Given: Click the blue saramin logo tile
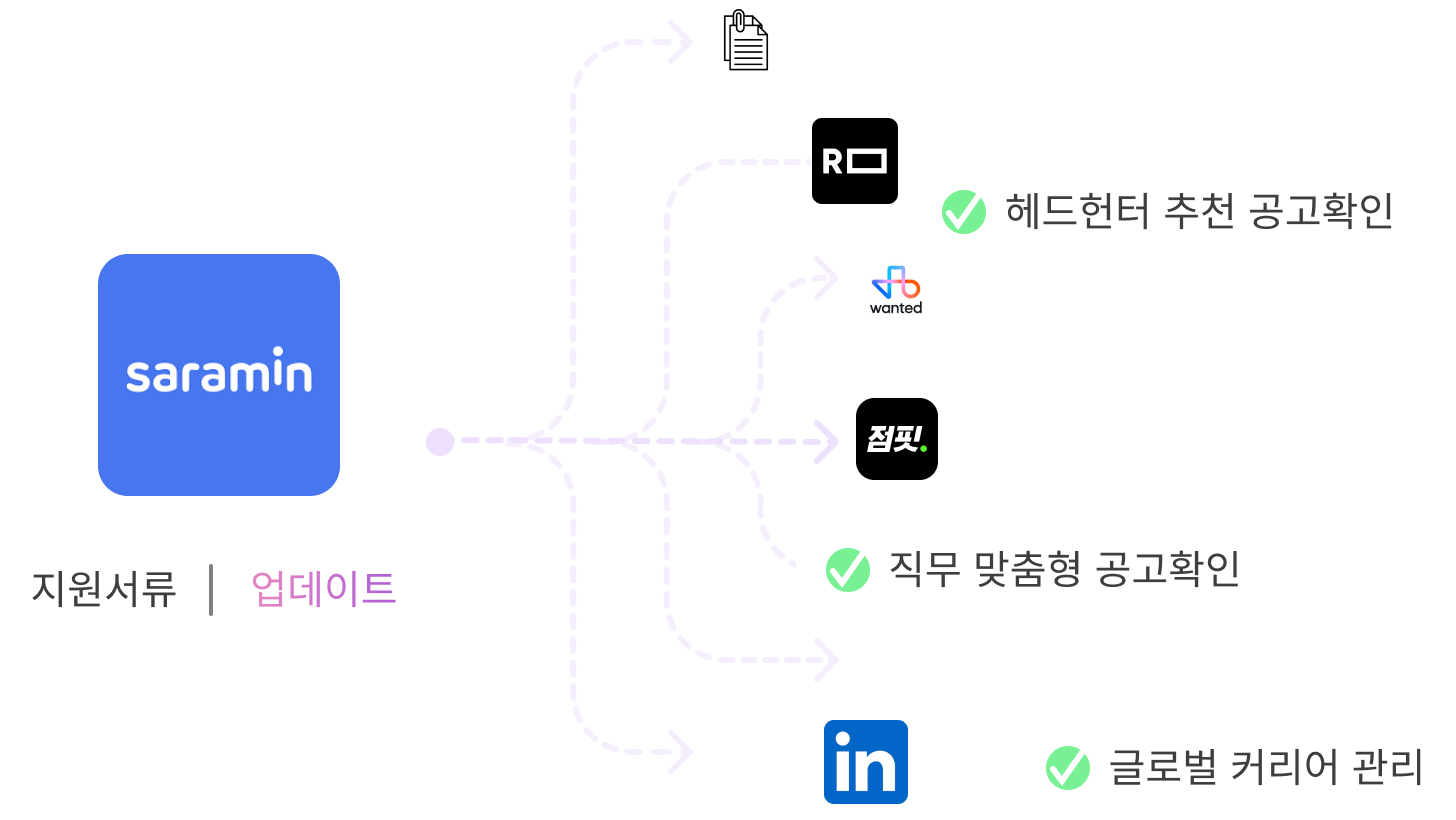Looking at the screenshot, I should (219, 375).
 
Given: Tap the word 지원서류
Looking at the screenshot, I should (104, 589).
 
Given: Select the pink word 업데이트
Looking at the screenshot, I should (324, 589).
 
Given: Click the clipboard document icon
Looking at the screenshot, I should (746, 41).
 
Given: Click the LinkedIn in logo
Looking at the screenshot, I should (865, 763).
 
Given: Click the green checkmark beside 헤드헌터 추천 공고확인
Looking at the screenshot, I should (964, 212).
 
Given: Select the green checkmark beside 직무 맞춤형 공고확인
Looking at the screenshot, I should (847, 569).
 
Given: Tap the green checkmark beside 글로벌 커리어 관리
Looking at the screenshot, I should (1067, 768).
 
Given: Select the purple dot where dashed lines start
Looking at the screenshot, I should (439, 441).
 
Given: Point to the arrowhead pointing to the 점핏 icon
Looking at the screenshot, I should (828, 441).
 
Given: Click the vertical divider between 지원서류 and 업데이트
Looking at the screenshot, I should (212, 589).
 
